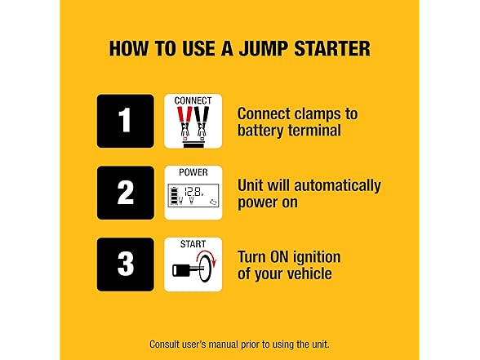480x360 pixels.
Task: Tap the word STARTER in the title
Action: tap(332, 49)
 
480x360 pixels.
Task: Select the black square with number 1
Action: tap(126, 121)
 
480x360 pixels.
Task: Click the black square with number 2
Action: tap(126, 193)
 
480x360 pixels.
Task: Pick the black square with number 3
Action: tap(126, 264)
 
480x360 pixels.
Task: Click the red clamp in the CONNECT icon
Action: tap(184, 121)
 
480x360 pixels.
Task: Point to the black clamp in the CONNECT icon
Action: tap(202, 121)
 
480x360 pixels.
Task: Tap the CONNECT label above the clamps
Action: tap(193, 100)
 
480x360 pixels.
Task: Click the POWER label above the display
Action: tap(193, 172)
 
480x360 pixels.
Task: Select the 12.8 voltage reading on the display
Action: tap(193, 192)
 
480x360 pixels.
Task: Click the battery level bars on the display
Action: tap(174, 196)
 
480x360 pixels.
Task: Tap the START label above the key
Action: tap(193, 244)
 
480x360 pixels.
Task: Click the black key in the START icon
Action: tap(188, 270)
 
